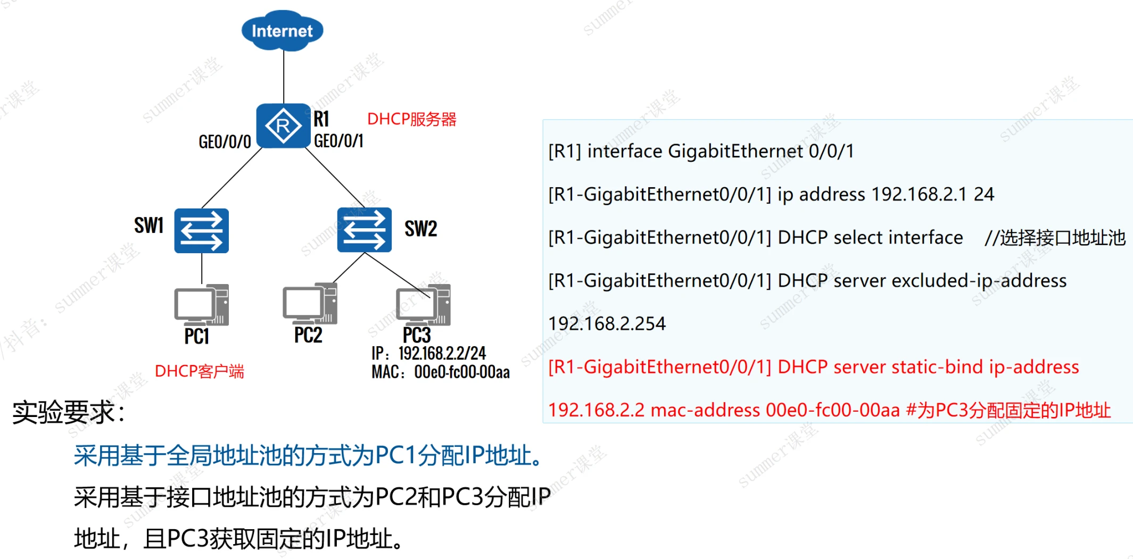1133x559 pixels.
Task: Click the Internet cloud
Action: point(282,31)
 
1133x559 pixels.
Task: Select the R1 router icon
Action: point(283,126)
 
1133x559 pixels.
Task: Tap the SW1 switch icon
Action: point(201,231)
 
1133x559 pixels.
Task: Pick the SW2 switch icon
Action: point(364,230)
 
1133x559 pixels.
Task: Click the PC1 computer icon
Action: point(201,305)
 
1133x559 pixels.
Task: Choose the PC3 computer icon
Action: point(423,305)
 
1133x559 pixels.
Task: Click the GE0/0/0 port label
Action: point(225,142)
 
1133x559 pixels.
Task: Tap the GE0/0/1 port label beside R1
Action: point(338,141)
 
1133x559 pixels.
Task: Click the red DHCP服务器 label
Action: point(411,119)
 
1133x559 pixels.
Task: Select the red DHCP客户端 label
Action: point(199,371)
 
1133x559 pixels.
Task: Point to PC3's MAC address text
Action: point(441,372)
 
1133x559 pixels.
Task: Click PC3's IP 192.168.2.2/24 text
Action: point(429,353)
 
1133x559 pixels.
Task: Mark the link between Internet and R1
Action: point(284,77)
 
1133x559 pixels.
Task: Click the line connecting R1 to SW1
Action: point(232,178)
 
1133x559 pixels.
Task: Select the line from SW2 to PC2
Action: point(349,268)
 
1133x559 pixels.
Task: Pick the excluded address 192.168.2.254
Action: point(607,323)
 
